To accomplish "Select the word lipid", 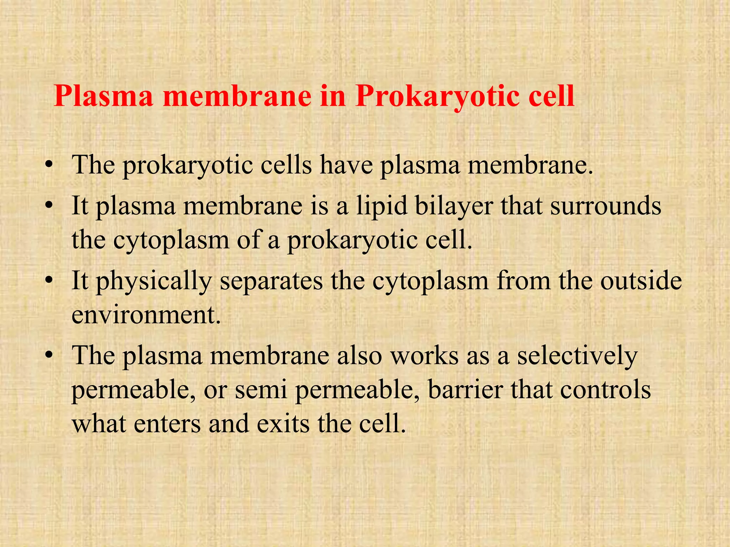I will [x=382, y=207].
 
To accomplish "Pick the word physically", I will [x=154, y=281].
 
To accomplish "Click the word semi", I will [x=261, y=390].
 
